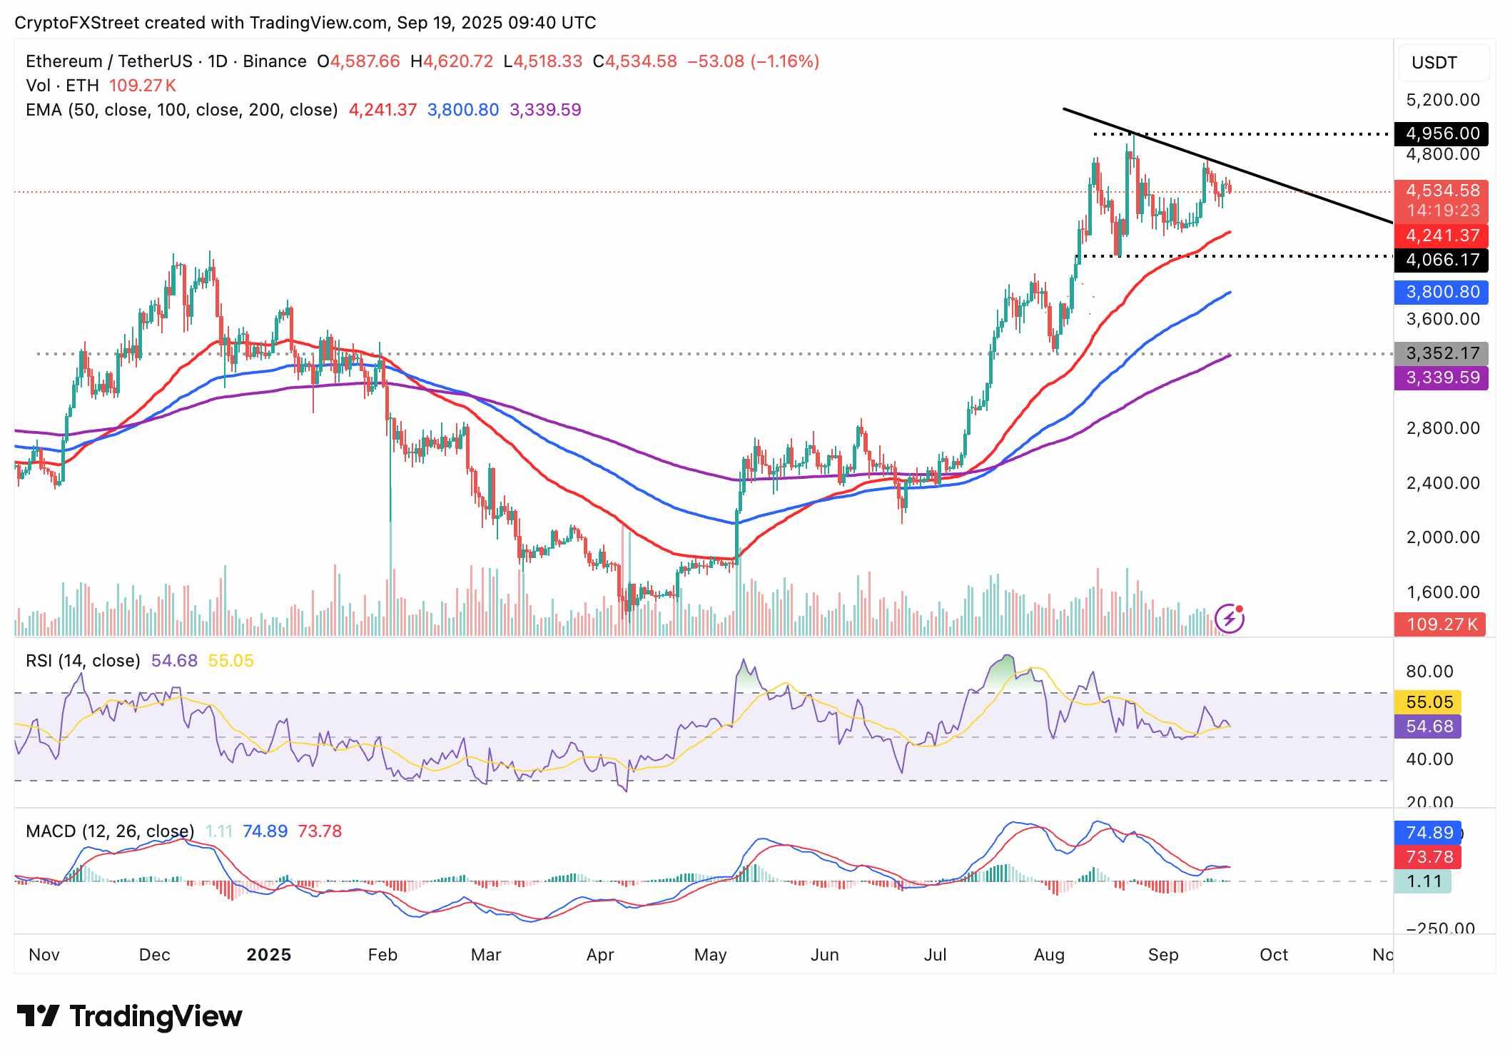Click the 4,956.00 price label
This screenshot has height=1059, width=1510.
click(1441, 133)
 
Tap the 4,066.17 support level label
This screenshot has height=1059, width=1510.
click(1441, 259)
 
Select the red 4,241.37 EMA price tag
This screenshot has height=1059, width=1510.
click(1441, 235)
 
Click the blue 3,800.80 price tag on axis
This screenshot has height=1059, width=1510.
click(1441, 292)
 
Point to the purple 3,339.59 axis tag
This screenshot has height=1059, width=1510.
click(1441, 378)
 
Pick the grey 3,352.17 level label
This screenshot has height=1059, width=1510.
click(1441, 353)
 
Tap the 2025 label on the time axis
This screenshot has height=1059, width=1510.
click(268, 955)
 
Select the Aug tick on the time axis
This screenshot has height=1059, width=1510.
click(1048, 955)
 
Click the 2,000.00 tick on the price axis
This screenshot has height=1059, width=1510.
click(1442, 537)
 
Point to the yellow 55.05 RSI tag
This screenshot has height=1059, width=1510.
click(1429, 702)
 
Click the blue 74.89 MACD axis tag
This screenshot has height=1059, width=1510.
click(1429, 833)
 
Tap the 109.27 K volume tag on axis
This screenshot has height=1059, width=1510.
click(1441, 624)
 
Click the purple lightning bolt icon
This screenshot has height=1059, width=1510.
click(1230, 619)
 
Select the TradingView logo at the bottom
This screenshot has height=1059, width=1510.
click(129, 1016)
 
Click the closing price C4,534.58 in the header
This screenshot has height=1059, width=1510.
click(634, 61)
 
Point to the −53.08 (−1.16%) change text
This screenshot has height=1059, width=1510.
click(753, 61)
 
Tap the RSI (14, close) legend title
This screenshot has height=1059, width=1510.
click(83, 661)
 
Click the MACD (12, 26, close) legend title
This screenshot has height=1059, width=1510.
click(110, 831)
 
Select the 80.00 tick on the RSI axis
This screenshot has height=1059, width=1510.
click(1429, 672)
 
